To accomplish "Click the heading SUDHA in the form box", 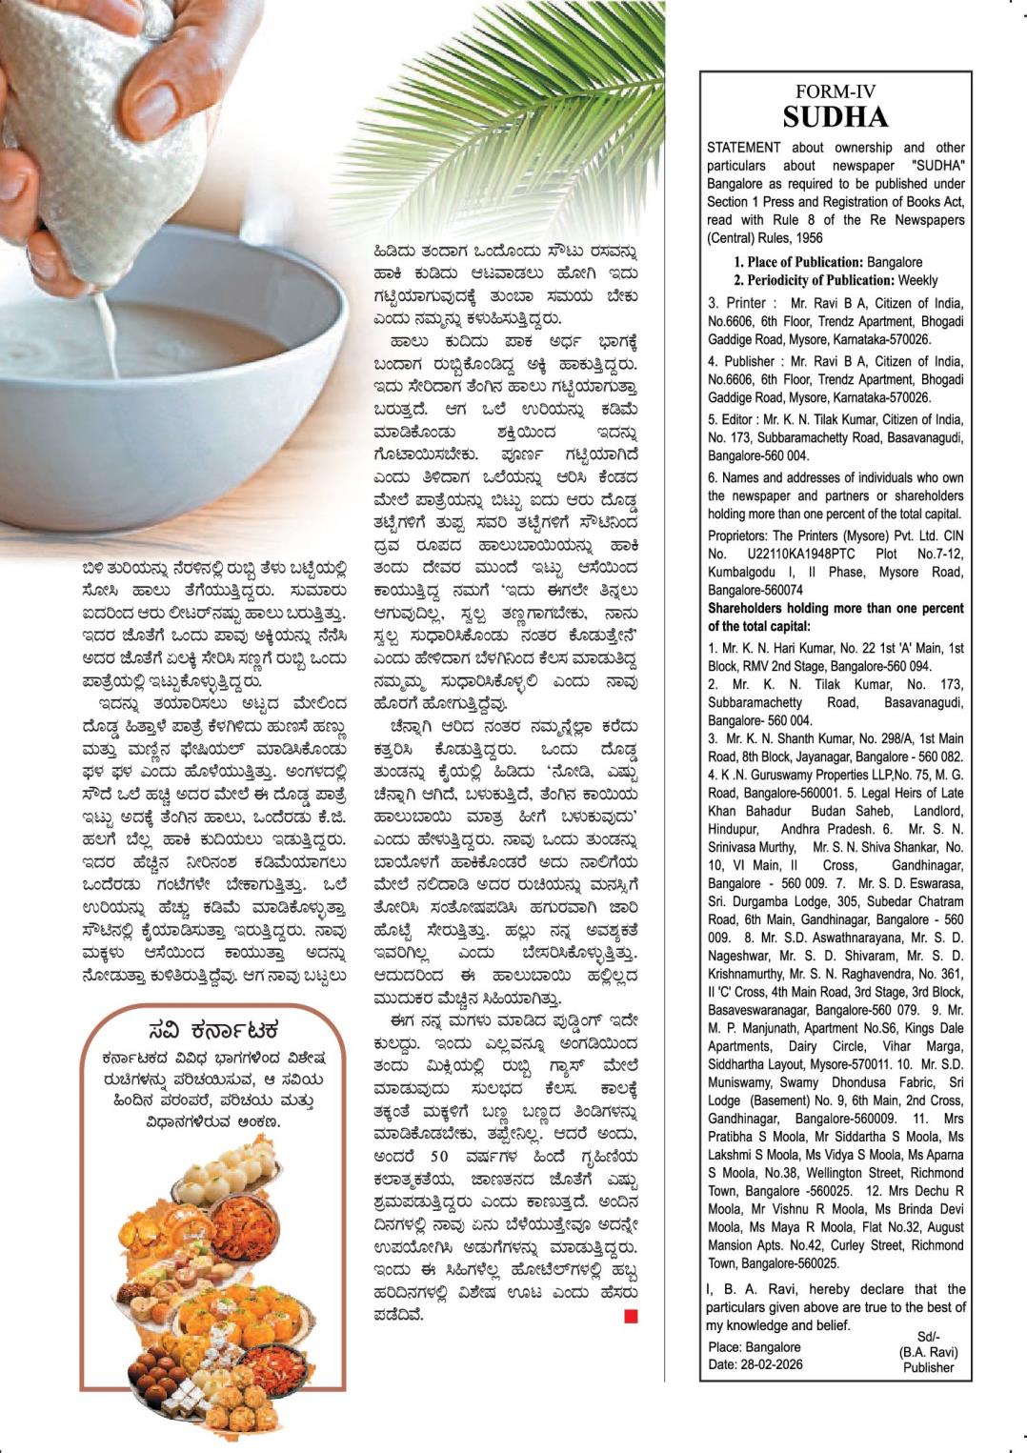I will coord(835,117).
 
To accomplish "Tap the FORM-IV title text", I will coord(835,92).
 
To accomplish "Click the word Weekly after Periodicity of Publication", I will coord(916,280).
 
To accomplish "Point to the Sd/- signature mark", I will coord(928,1337).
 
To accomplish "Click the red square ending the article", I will coord(631,1316).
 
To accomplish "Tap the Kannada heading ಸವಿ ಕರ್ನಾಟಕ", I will coord(213,1030).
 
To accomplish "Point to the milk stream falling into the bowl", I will coord(108,333).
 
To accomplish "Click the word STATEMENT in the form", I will coord(743,148).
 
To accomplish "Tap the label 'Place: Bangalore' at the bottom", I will coord(754,1347).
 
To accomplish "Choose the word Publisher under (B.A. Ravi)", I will coord(928,1367).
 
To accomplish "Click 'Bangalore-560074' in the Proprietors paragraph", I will coord(755,590).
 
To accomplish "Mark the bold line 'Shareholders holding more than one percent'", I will coord(836,608).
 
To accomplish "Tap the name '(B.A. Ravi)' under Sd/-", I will coord(928,1352).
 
